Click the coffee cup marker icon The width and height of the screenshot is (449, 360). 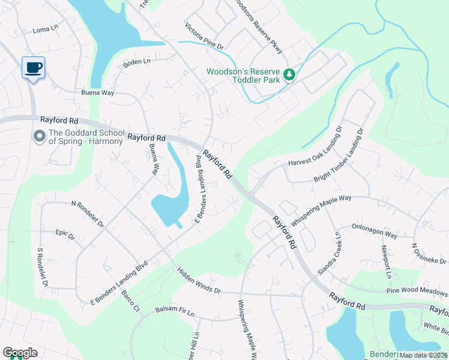click(33, 67)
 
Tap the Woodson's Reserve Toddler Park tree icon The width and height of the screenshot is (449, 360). click(290, 74)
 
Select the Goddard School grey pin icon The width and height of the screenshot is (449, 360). click(40, 137)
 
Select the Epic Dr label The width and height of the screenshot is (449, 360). click(64, 235)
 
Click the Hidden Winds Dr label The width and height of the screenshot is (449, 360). click(199, 281)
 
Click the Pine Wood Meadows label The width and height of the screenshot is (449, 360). click(417, 290)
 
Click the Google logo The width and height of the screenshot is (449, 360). click(20, 352)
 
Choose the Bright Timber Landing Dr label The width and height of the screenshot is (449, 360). click(340, 163)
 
